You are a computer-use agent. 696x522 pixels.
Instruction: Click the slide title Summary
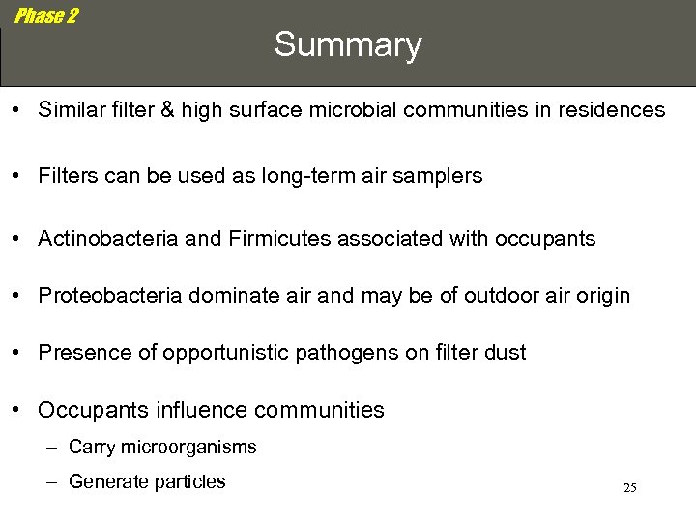(x=348, y=45)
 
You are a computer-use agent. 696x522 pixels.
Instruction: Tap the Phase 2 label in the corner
(x=45, y=16)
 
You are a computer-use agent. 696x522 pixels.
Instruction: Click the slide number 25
(x=629, y=488)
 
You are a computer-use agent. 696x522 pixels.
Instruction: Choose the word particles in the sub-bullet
(x=188, y=481)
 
